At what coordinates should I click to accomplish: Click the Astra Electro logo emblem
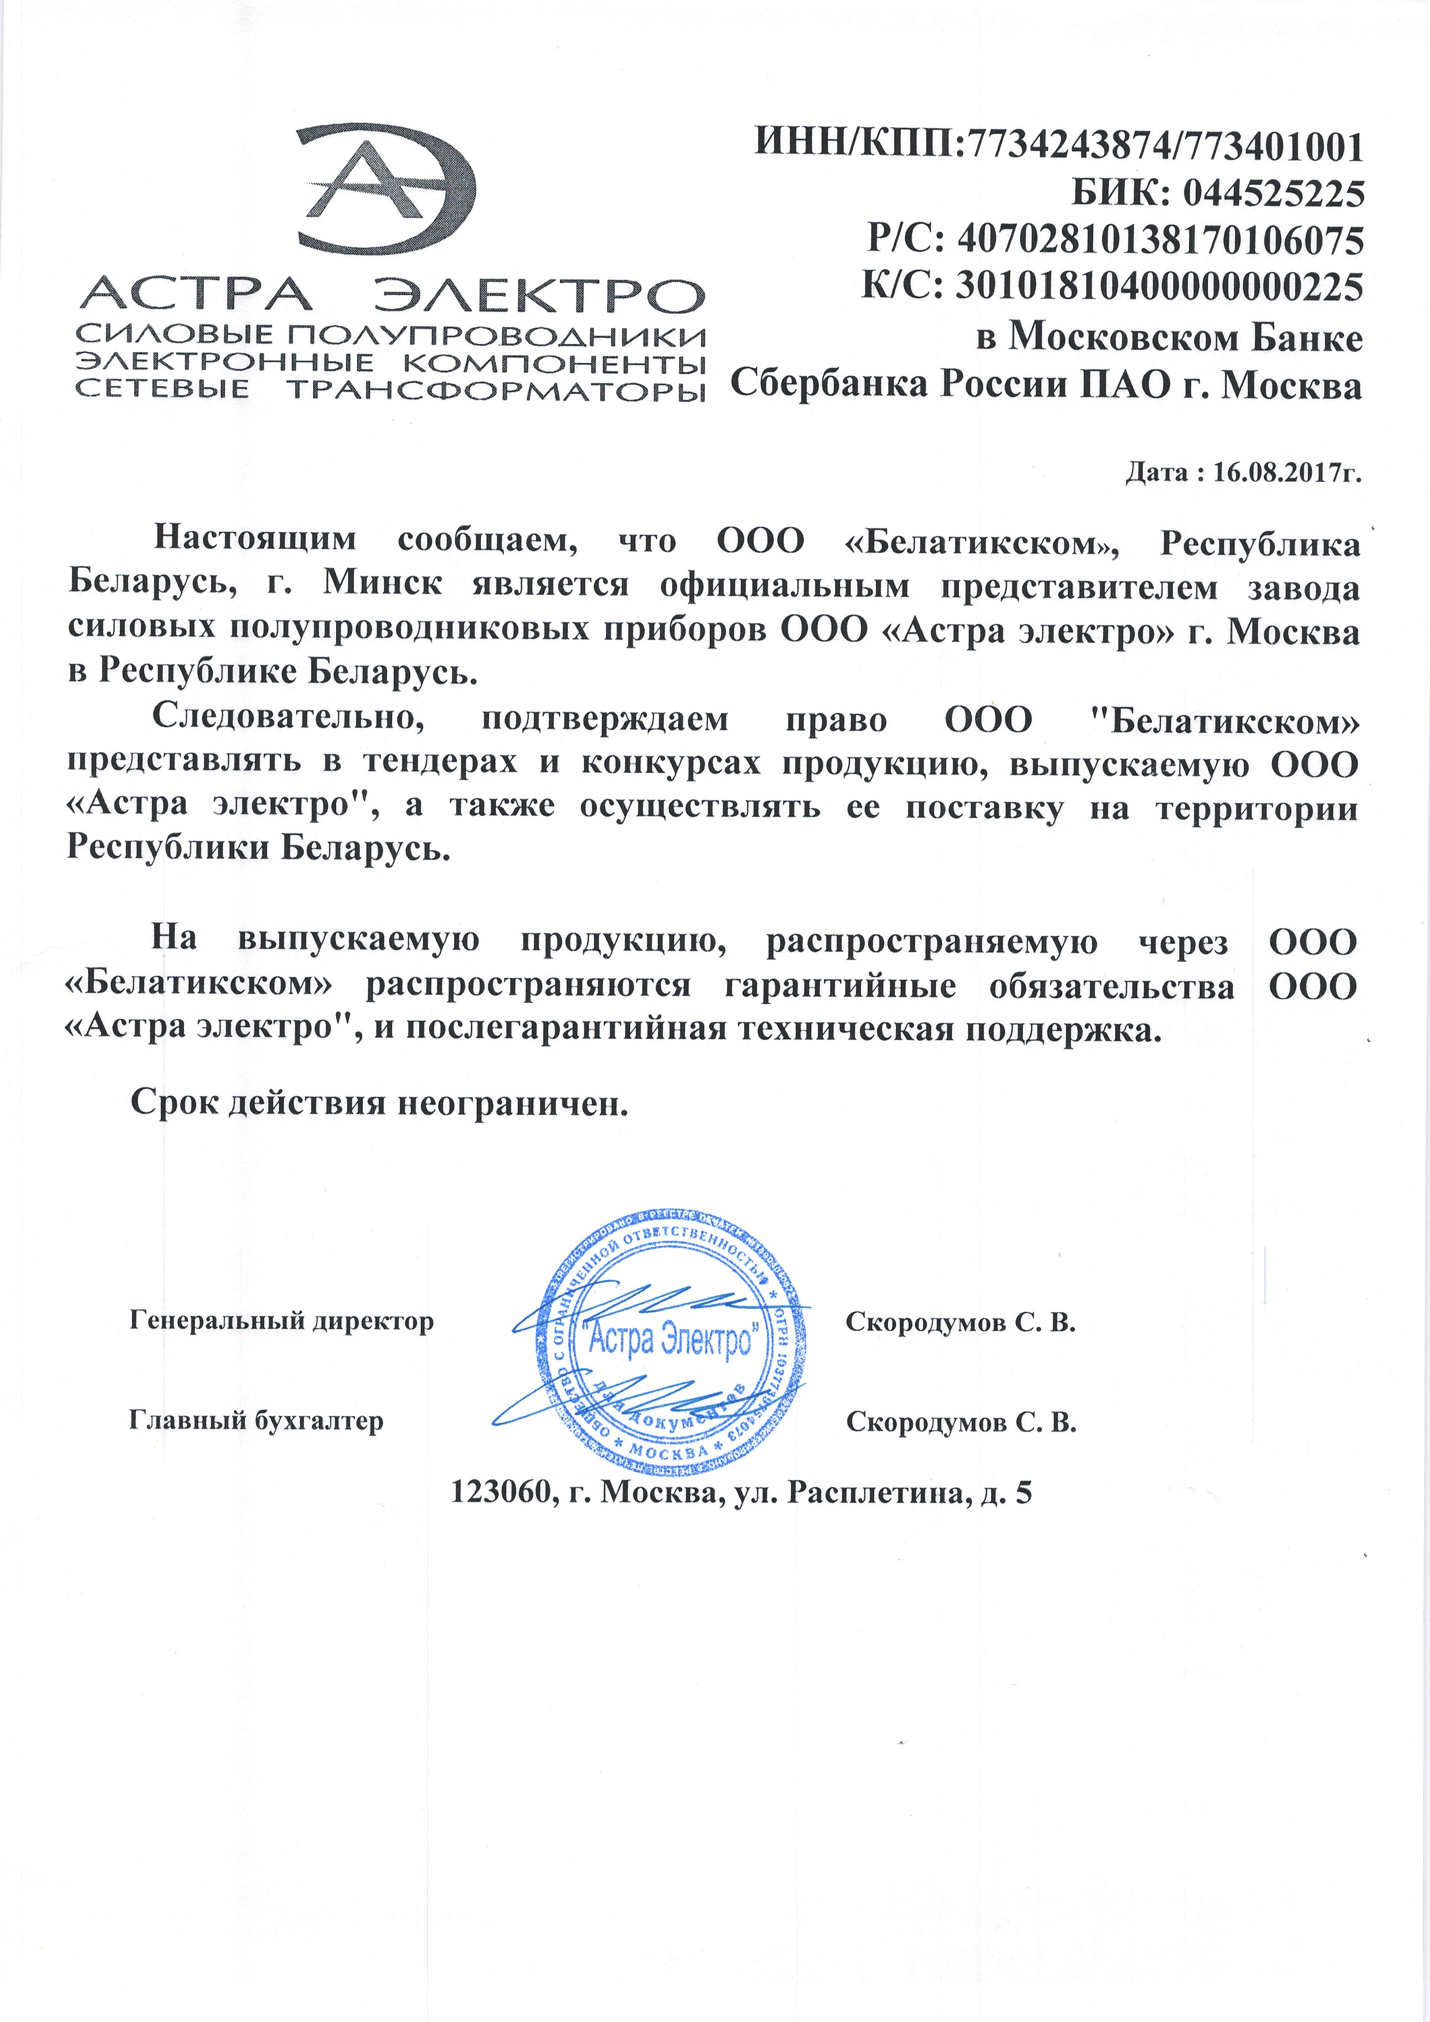[x=387, y=187]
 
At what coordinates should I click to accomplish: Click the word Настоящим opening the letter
[x=255, y=539]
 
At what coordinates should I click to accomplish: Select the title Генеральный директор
[x=281, y=1321]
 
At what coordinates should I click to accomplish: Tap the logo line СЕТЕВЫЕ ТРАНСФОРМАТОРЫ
[x=390, y=389]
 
